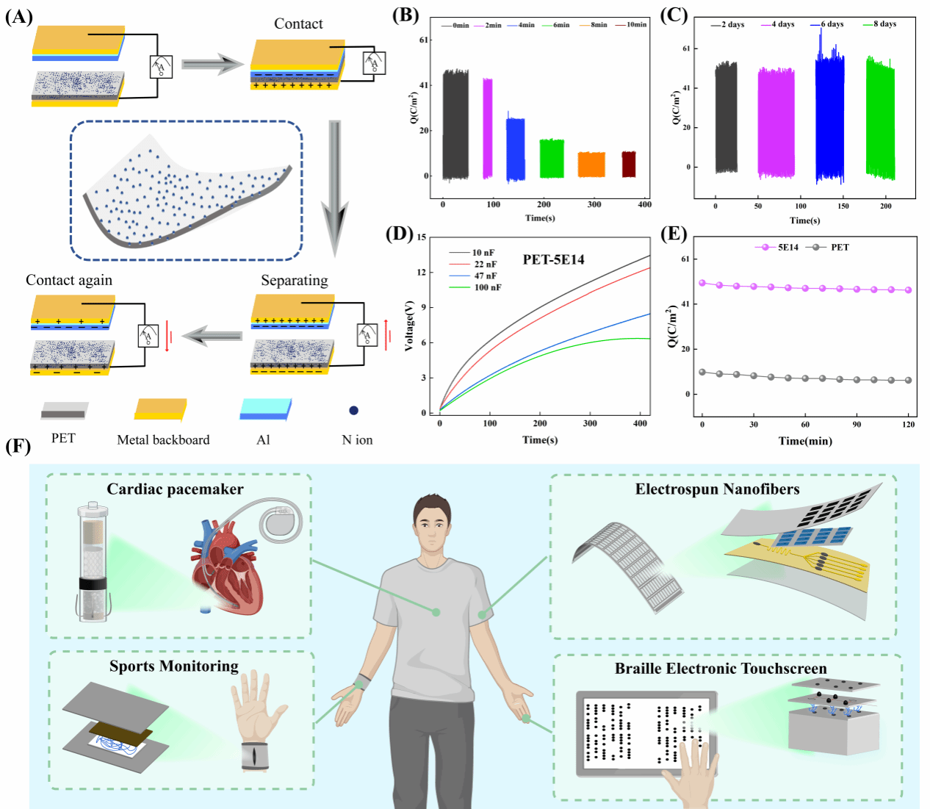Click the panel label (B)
point(405,15)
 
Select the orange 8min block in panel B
point(591,165)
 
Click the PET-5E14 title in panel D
point(553,259)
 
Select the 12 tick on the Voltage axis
point(422,272)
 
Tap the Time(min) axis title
point(805,441)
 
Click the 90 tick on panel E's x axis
point(857,425)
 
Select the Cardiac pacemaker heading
point(175,489)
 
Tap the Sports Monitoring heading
point(174,666)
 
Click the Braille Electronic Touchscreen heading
point(721,669)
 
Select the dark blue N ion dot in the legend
point(353,411)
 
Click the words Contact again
point(69,280)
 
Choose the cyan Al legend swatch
point(265,409)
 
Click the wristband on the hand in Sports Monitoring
point(254,756)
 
